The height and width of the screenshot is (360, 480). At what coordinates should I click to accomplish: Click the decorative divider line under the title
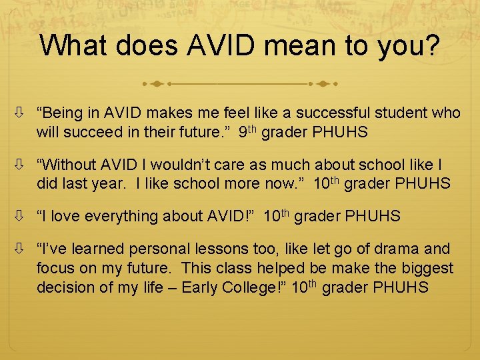click(x=240, y=85)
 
